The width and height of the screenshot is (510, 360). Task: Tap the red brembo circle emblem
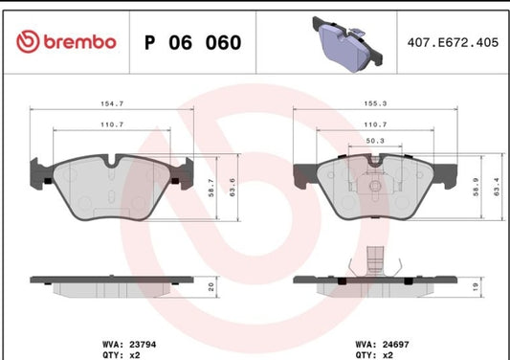[x=25, y=42]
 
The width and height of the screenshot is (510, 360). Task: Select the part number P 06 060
[x=191, y=43]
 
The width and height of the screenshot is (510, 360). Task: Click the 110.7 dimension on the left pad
[x=113, y=125]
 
